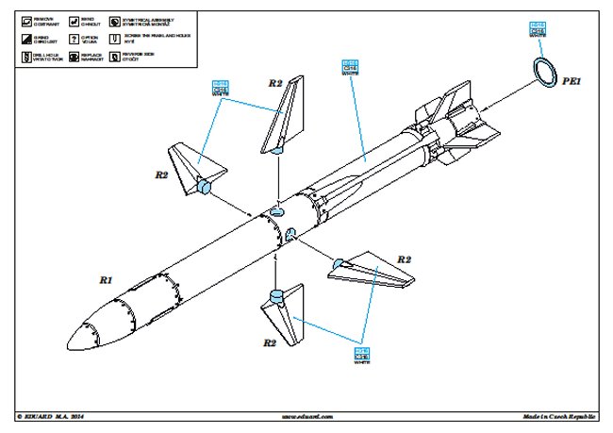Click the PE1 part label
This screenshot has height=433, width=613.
[575, 83]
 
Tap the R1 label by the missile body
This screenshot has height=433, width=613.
[107, 280]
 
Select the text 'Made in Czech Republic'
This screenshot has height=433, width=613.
[560, 415]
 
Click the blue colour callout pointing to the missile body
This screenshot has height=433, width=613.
[351, 67]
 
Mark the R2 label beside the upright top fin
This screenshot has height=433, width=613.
[275, 84]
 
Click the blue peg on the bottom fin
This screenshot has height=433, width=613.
[275, 298]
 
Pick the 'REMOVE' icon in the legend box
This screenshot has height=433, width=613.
[25, 20]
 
